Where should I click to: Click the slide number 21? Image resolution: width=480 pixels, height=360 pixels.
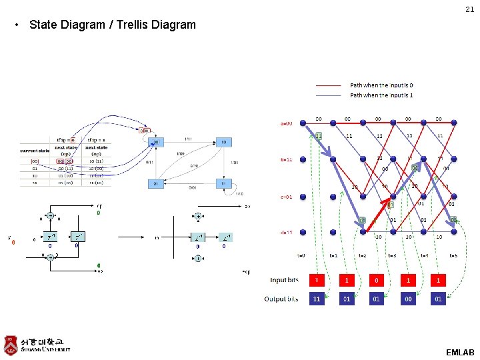(469, 9)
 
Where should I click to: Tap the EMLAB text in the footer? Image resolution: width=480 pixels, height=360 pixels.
(460, 351)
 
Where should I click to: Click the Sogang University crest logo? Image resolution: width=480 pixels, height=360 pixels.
(11, 345)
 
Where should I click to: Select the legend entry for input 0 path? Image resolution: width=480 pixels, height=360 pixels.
(381, 85)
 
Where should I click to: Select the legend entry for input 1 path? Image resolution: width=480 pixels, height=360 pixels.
(381, 95)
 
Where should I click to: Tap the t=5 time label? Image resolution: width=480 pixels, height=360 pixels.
(453, 255)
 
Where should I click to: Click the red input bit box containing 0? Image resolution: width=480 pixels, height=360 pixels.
(377, 280)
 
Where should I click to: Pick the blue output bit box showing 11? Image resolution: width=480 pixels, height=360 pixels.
(317, 299)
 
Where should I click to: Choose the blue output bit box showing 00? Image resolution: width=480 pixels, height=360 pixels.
(407, 299)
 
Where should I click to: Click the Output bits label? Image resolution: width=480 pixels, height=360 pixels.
(281, 299)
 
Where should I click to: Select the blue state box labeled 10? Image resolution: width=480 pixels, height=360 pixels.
(223, 142)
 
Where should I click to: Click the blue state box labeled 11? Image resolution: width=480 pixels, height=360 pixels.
(223, 183)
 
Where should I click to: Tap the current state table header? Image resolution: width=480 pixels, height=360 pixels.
(35, 151)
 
